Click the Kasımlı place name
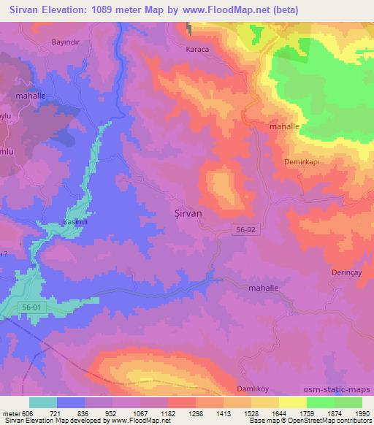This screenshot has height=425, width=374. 77,220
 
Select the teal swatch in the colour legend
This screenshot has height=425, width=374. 42,402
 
